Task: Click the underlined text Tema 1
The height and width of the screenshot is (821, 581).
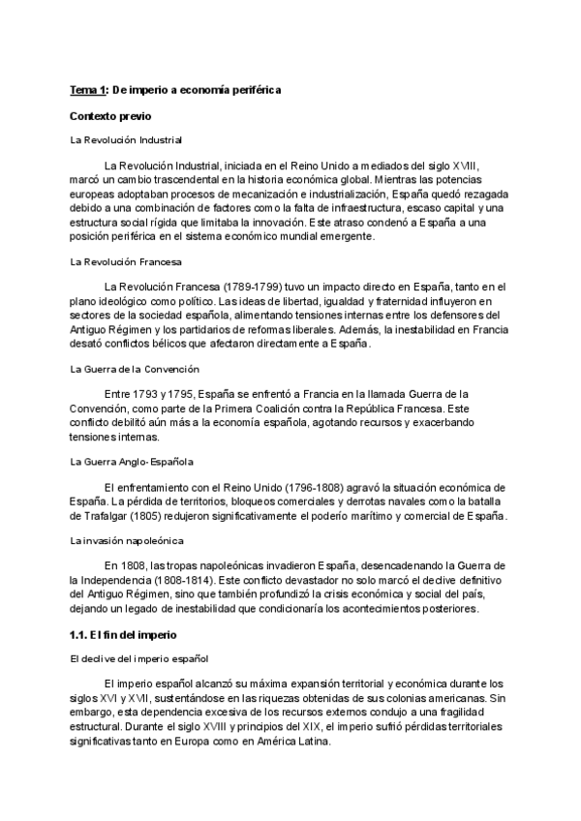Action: [x=88, y=90]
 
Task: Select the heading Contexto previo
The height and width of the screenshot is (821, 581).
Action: [x=110, y=115]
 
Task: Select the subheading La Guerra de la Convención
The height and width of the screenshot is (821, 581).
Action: [x=135, y=369]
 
